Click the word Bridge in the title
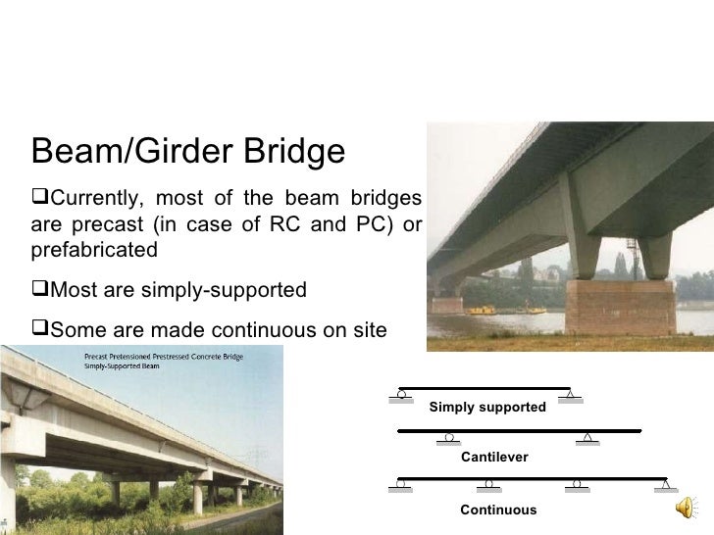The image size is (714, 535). pyautogui.click(x=291, y=153)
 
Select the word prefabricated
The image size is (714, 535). pyautogui.click(x=94, y=250)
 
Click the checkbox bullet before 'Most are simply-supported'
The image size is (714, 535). pyautogui.click(x=39, y=290)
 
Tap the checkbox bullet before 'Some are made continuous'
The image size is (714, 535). pyautogui.click(x=39, y=331)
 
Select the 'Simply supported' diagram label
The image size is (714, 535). pyautogui.click(x=487, y=407)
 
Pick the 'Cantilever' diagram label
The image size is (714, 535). pyautogui.click(x=494, y=458)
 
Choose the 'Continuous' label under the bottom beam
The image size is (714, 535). pyautogui.click(x=498, y=510)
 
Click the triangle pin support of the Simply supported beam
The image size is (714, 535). pyautogui.click(x=570, y=395)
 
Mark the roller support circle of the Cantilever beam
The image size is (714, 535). pyautogui.click(x=449, y=437)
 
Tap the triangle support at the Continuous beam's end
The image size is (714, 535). pyautogui.click(x=666, y=484)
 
